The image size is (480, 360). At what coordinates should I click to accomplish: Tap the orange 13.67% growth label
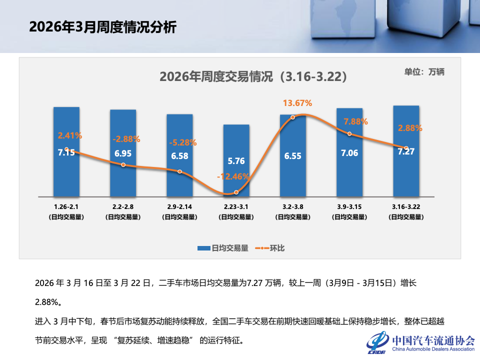pos(297,103)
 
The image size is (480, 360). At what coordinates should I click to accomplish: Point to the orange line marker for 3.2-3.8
pos(293,117)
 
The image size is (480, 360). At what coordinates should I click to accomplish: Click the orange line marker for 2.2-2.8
pos(123,165)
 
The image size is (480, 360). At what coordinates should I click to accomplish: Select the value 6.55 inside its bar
pos(292,156)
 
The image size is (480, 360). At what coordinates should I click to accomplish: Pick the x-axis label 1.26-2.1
pos(66,206)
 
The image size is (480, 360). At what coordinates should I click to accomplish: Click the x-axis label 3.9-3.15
pos(349,206)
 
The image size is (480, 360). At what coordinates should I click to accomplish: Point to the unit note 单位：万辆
pos(424,71)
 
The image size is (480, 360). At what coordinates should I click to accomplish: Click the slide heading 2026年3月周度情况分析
pos(102,27)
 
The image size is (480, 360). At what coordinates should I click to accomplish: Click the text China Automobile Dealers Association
pos(433,349)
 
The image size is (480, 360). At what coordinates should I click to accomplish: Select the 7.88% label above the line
pos(355,121)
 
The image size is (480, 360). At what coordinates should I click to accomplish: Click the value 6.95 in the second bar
pos(123,153)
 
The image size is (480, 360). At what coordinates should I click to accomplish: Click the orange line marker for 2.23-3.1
pos(236,192)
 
